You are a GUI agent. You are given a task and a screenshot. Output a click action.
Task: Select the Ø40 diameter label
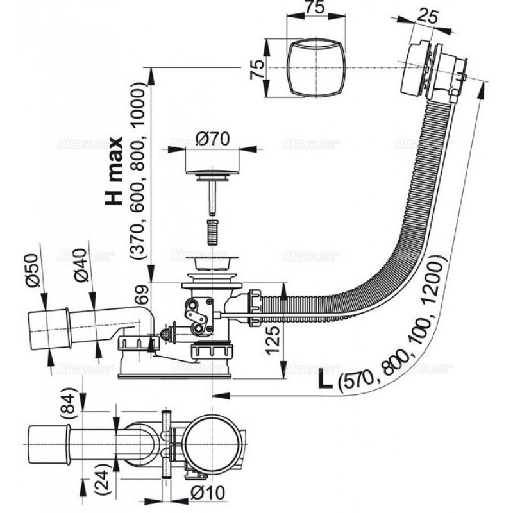[x=81, y=268]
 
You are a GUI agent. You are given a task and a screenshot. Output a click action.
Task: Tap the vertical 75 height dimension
[x=255, y=69]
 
